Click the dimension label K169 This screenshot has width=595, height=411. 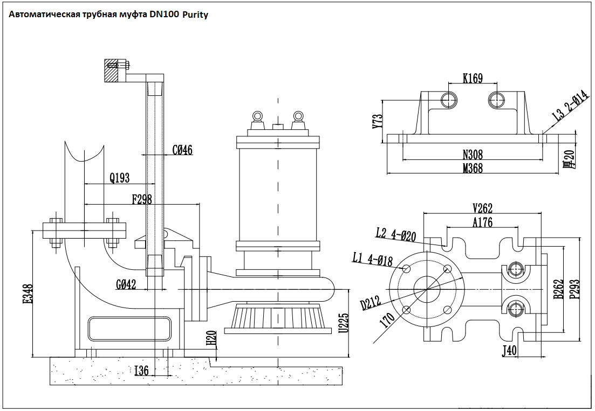point(473,79)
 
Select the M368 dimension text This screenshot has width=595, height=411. point(473,169)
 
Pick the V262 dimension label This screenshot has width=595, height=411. point(482,208)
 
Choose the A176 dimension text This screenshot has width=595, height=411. point(482,222)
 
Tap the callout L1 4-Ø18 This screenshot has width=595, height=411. point(372,260)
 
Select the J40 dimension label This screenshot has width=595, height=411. point(509,351)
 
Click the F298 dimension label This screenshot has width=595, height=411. point(142,199)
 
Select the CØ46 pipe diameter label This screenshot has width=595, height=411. point(182,150)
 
